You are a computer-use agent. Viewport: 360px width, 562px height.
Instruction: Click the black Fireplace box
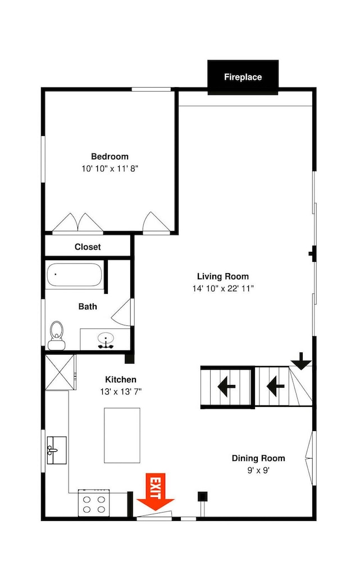point(243,77)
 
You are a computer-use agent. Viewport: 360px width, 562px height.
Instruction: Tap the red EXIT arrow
point(156,492)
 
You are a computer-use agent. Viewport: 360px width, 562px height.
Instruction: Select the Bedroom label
point(110,157)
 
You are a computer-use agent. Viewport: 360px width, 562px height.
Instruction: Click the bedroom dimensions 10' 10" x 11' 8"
point(110,169)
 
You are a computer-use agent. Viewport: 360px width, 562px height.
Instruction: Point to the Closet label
point(88,247)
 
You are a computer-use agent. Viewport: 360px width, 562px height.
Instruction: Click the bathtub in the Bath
point(75,275)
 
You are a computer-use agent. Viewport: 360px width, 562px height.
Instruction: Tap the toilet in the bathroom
point(57,335)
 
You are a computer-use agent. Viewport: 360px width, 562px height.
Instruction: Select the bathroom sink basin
point(106,339)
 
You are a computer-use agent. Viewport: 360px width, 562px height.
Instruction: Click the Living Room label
point(223,277)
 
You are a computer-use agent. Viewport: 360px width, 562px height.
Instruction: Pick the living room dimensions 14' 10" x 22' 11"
point(223,288)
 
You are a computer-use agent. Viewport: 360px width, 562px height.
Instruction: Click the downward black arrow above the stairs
point(301,361)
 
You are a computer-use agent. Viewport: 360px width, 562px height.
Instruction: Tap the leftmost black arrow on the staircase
point(226,387)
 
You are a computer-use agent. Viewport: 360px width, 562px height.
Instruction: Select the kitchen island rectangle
point(122,435)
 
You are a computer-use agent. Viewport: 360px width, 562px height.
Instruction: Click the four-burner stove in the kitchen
point(94,503)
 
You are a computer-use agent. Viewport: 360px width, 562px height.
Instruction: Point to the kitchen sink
point(57,450)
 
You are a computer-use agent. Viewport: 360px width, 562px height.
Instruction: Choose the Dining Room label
point(258,458)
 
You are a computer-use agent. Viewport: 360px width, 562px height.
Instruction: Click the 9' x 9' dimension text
point(258,470)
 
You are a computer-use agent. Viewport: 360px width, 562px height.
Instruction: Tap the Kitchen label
point(121,379)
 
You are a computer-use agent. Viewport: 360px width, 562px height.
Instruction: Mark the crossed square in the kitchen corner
point(60,373)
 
